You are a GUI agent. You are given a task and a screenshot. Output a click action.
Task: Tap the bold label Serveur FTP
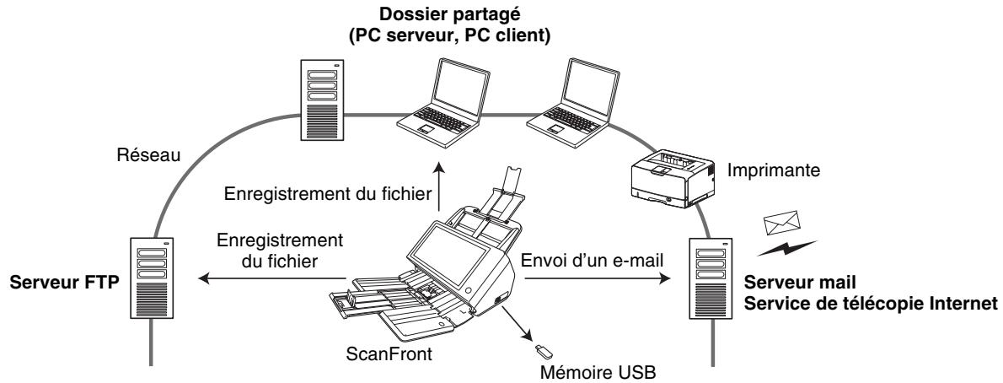pyautogui.click(x=60, y=279)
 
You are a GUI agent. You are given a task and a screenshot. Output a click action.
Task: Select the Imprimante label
pyautogui.click(x=774, y=170)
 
